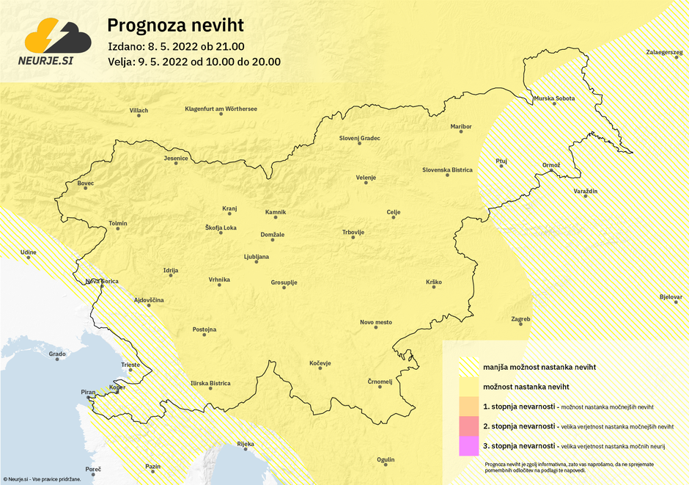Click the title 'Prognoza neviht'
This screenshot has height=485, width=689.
175,26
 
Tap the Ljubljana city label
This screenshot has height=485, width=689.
257,257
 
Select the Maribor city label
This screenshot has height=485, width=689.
461,127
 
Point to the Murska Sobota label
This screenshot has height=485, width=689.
554,98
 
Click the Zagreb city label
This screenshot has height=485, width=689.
520,319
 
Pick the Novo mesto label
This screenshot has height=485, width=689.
376,322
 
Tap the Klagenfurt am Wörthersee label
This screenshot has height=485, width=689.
221,109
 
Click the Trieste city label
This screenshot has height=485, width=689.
130,365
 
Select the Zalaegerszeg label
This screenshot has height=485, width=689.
664,53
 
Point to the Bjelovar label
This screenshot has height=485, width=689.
671,297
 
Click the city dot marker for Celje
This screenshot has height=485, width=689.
394,219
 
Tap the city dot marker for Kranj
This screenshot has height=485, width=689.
229,216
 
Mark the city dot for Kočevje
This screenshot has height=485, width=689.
320,370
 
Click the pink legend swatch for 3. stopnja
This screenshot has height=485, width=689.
468,445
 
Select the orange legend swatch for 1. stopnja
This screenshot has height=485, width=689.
468,406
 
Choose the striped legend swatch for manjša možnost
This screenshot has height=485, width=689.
468,366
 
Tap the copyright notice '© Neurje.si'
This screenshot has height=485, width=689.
41,478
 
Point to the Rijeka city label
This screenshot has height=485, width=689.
246,444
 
